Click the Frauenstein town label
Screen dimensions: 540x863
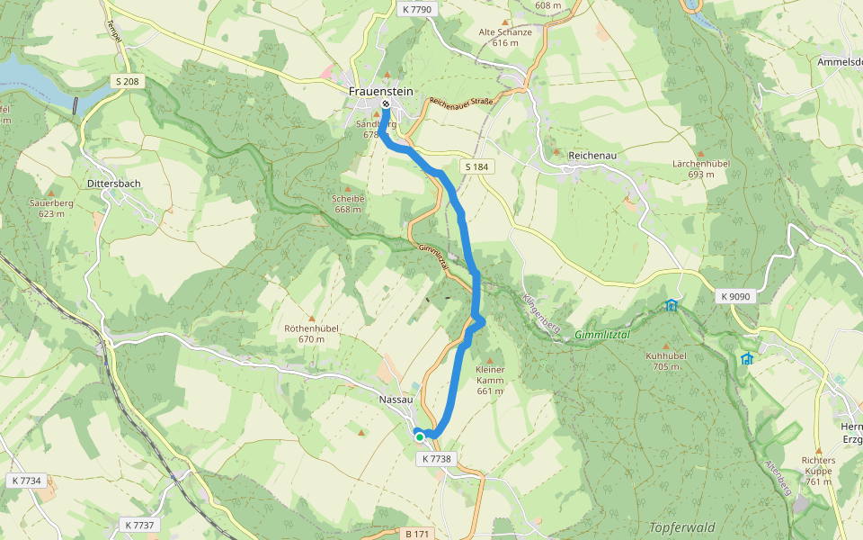click(382, 91)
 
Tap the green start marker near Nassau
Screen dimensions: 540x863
click(420, 436)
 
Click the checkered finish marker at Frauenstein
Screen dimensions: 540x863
click(386, 104)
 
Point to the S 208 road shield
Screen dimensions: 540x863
click(128, 81)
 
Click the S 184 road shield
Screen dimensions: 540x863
click(476, 167)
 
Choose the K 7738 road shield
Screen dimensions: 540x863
click(436, 459)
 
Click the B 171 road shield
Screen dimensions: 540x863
click(416, 534)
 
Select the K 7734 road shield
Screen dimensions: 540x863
click(27, 481)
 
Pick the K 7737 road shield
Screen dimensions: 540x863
click(139, 525)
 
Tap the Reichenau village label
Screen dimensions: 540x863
click(592, 156)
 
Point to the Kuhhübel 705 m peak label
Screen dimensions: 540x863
click(666, 360)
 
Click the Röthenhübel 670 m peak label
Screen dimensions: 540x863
click(311, 333)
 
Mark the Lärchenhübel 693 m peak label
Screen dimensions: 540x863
click(701, 168)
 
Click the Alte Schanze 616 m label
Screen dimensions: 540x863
click(505, 36)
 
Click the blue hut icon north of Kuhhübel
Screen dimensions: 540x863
click(672, 305)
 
